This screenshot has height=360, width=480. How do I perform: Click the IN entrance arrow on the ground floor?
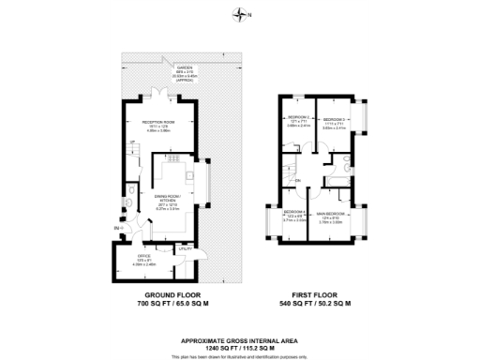pos(118,229)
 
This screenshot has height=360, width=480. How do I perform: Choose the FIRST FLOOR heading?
pos(321,297)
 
